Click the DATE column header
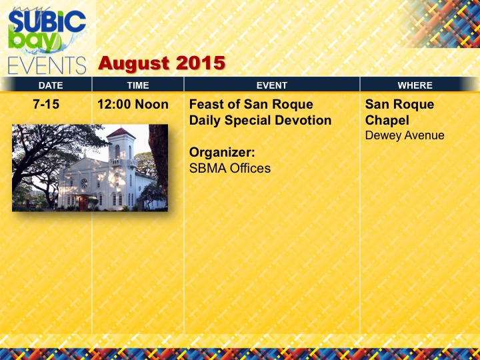pos(51,85)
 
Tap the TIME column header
pos(138,85)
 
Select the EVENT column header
pos(272,85)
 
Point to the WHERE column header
pos(415,85)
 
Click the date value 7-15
pos(46,105)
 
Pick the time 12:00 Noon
pos(133,105)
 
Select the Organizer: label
pos(222,153)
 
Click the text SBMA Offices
pos(230,169)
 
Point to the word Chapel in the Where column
pos(387,121)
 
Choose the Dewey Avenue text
pos(405,135)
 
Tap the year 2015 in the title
pos(201,63)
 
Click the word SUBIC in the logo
pos(47,22)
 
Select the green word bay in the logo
pos(34,40)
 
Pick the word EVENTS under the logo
pos(47,66)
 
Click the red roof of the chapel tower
pos(121,133)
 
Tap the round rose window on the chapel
pos(83,183)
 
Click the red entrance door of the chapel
pos(83,203)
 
